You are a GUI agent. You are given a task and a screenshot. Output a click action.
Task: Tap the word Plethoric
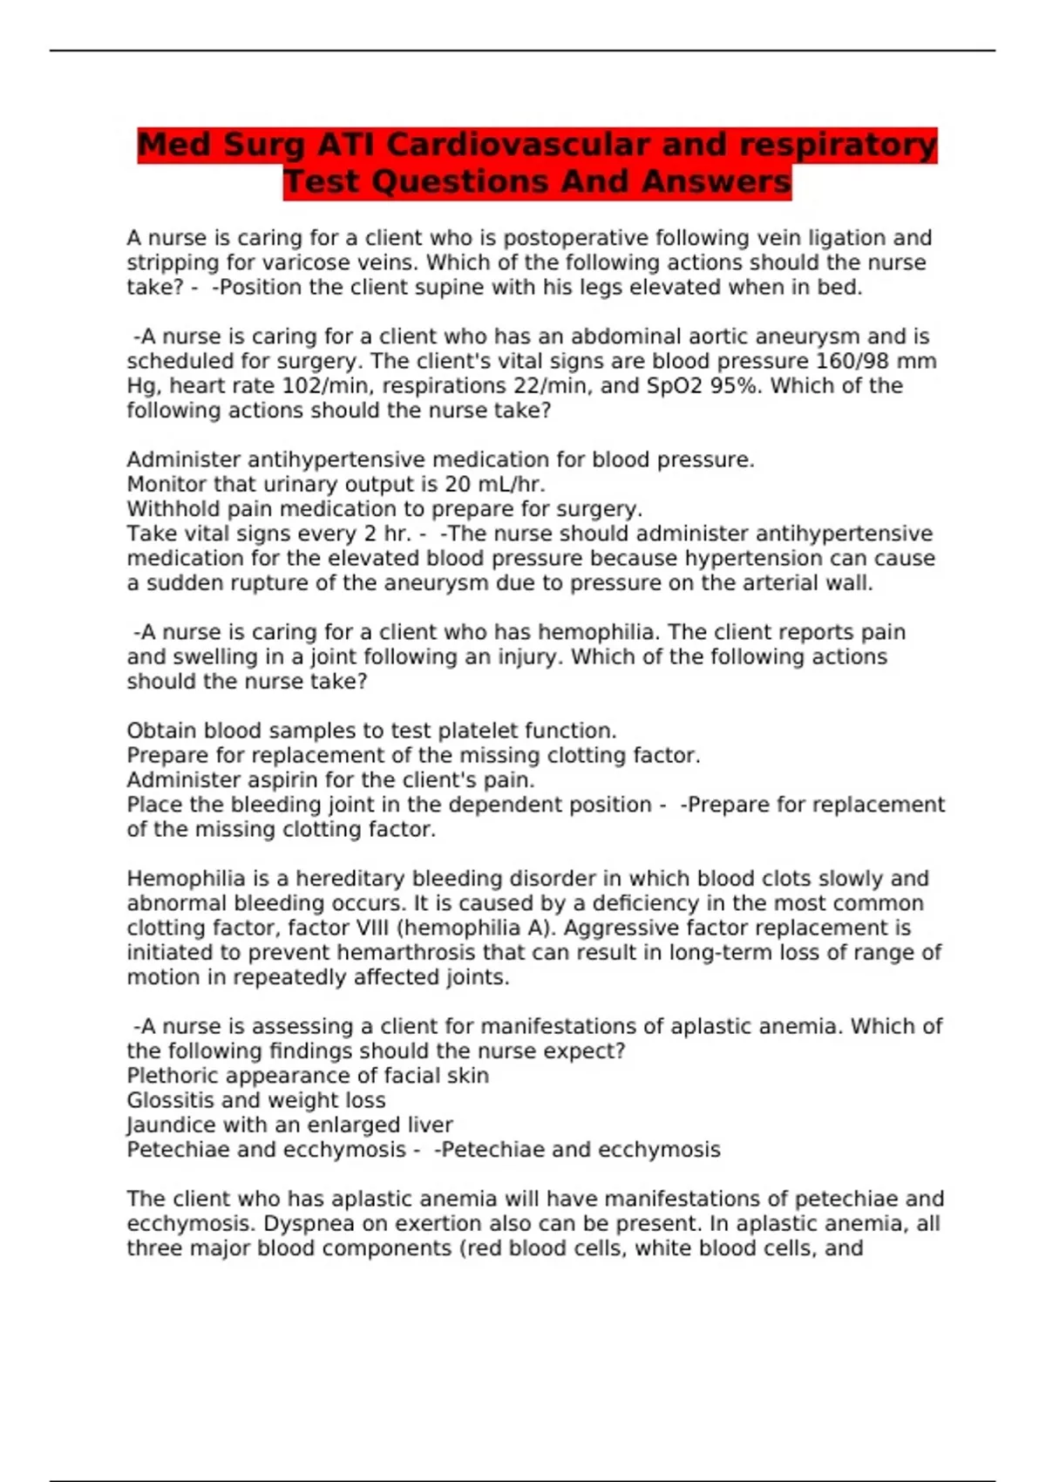pyautogui.click(x=175, y=1076)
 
